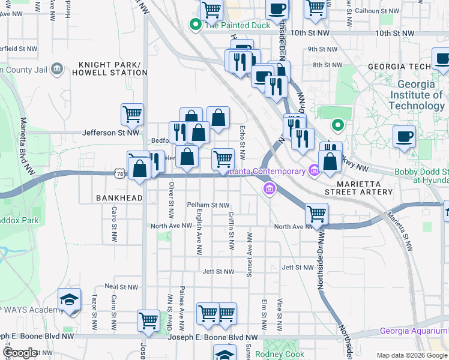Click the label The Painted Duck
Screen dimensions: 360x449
(x=231, y=25)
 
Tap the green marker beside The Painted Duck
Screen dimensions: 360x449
(x=194, y=25)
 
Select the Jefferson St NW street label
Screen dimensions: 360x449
(x=110, y=133)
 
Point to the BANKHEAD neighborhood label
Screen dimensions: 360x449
(x=118, y=197)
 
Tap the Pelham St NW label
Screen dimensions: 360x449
(x=208, y=205)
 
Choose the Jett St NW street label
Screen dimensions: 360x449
(x=218, y=272)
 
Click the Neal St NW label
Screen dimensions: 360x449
(x=122, y=287)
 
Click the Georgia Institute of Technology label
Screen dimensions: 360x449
(x=416, y=95)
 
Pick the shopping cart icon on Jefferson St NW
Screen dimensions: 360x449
(x=132, y=114)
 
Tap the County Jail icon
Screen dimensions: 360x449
(x=57, y=70)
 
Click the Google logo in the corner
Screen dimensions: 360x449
(x=20, y=353)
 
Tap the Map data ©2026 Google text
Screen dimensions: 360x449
(x=412, y=356)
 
